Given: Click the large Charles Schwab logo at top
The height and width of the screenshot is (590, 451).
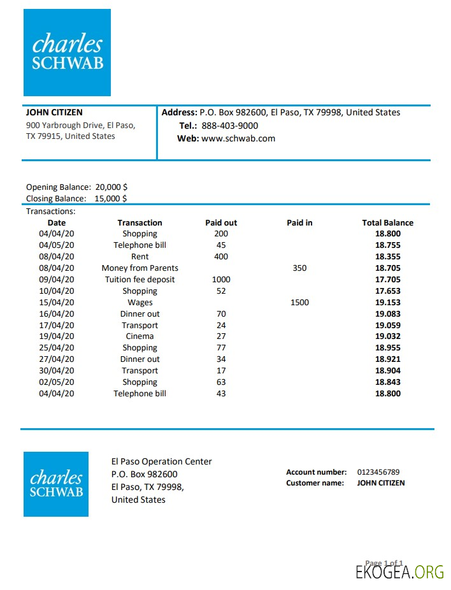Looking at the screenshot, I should click(x=67, y=52).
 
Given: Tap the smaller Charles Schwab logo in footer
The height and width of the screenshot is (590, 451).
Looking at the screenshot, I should click(x=56, y=484).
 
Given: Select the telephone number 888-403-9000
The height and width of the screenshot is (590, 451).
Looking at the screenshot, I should click(x=229, y=126).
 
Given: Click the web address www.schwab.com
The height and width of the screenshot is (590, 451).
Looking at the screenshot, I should click(x=238, y=138).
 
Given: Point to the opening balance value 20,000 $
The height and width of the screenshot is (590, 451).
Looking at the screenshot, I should click(x=111, y=187).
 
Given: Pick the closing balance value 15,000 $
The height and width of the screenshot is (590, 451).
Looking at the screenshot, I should click(x=111, y=198).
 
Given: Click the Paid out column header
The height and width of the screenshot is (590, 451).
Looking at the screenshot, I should click(x=221, y=223).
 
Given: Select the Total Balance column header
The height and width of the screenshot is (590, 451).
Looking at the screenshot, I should click(x=387, y=223).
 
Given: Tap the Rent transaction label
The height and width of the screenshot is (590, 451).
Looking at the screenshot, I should click(x=140, y=257).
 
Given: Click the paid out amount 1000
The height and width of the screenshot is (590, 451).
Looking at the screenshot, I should click(x=221, y=280).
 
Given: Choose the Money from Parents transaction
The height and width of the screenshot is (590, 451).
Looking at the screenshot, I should click(x=140, y=268).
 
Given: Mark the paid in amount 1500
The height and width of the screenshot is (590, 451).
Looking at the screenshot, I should click(x=299, y=303).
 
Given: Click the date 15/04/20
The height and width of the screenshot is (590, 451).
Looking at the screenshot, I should click(x=57, y=303).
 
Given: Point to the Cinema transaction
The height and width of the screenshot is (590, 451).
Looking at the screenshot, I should click(x=140, y=336).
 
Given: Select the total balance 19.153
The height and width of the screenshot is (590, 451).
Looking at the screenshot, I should click(x=387, y=303).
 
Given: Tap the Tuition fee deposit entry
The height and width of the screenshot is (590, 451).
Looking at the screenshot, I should click(x=140, y=280).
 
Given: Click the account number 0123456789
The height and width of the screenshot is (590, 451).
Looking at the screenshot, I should click(x=378, y=472).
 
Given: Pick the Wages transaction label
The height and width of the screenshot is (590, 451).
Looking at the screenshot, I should click(x=140, y=303).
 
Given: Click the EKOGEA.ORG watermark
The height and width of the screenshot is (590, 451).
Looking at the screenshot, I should click(x=399, y=572).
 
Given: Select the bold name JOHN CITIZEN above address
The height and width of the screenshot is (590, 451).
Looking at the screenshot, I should click(x=54, y=113).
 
